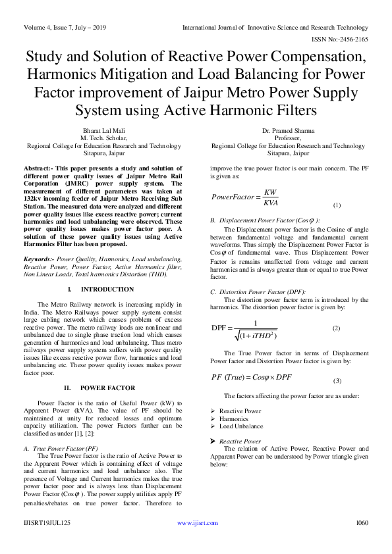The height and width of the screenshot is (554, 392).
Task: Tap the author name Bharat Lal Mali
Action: coord(103,131)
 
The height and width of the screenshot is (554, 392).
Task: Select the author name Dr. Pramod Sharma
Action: coord(288,131)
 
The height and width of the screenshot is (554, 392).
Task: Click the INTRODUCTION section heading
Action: coord(107,290)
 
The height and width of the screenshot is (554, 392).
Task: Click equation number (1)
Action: coord(337,205)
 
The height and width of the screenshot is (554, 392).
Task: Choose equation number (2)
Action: coord(336,328)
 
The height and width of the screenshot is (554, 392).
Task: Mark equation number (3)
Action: coord(337,381)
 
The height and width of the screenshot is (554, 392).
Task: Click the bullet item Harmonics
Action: coord(234,418)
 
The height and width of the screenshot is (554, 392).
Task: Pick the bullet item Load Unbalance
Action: coord(240,426)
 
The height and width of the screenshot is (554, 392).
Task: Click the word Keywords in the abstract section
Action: coord(38,260)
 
